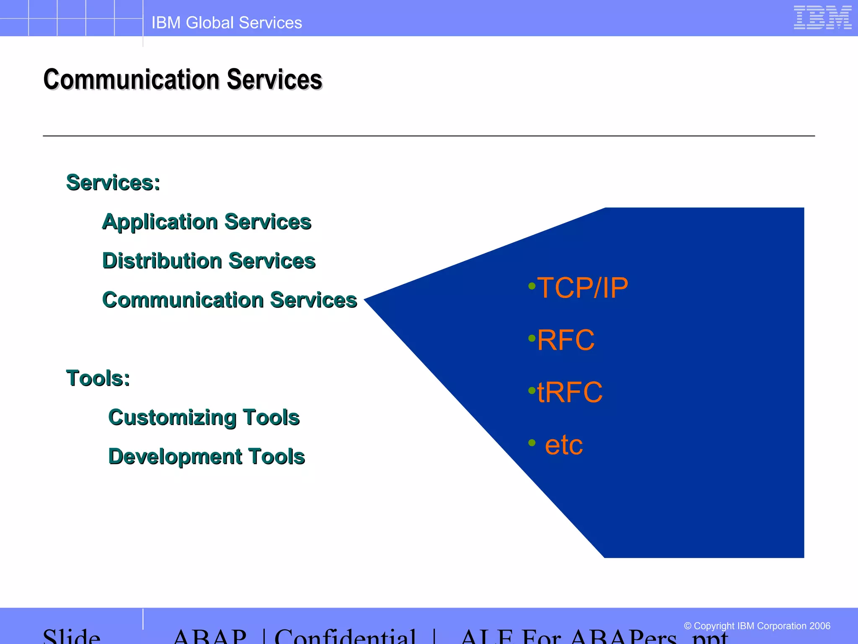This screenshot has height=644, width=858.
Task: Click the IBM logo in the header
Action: (822, 18)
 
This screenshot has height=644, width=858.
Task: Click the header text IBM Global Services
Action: (227, 23)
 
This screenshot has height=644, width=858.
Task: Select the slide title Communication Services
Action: (183, 79)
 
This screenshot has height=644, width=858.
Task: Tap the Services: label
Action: (113, 183)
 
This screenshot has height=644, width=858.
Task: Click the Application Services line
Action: (207, 222)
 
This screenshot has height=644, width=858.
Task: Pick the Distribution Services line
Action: (209, 261)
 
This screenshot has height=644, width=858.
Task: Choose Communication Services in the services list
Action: (230, 300)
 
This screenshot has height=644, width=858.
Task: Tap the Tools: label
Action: (98, 378)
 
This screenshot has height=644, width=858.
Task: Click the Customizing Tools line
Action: (204, 418)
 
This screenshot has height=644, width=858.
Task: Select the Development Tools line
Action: (206, 457)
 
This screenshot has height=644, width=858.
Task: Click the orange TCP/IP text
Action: (582, 288)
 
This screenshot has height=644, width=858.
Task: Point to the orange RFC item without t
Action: (566, 340)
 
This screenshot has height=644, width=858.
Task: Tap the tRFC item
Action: (570, 392)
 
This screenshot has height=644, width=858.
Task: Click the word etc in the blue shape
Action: (563, 445)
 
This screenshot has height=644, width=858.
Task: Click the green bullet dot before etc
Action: (532, 443)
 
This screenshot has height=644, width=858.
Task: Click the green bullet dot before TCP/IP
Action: (532, 286)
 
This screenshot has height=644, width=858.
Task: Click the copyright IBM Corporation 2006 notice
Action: (757, 626)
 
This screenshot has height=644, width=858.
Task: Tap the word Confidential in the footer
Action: (345, 637)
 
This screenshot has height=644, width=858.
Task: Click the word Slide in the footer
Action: (72, 637)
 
